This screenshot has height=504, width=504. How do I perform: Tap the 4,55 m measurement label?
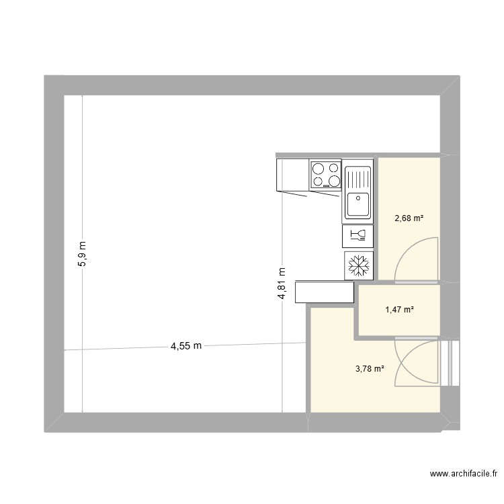click(x=185, y=347)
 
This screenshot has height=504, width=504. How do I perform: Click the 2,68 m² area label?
click(x=409, y=218)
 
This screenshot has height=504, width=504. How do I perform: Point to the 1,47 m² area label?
click(x=398, y=310)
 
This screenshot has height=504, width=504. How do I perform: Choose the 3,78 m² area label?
click(x=370, y=368)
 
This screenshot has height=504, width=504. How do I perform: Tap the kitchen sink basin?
click(x=358, y=204)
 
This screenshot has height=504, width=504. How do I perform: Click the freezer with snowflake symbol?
click(x=358, y=265)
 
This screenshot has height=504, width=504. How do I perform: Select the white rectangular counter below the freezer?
click(x=325, y=292)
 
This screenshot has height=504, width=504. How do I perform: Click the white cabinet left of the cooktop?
click(x=292, y=174)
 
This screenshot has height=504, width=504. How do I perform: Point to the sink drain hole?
click(x=358, y=198)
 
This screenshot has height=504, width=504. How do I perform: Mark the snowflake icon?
click(x=358, y=265)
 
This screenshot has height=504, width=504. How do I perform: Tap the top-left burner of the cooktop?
click(x=318, y=169)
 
